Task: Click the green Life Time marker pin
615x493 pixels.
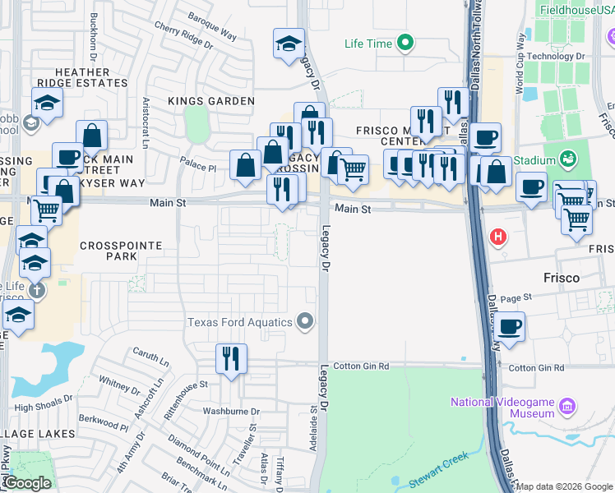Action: tap(405, 44)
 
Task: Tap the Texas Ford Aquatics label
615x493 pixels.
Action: tap(241, 322)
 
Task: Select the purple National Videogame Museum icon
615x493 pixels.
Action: tap(566, 405)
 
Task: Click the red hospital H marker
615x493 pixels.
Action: tap(497, 238)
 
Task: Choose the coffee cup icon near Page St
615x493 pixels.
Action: tap(510, 326)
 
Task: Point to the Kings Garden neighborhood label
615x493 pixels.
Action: tap(211, 101)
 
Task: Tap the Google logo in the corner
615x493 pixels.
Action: tap(27, 482)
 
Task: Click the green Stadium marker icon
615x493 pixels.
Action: tap(566, 159)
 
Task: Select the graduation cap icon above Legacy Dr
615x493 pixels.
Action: tap(288, 45)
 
